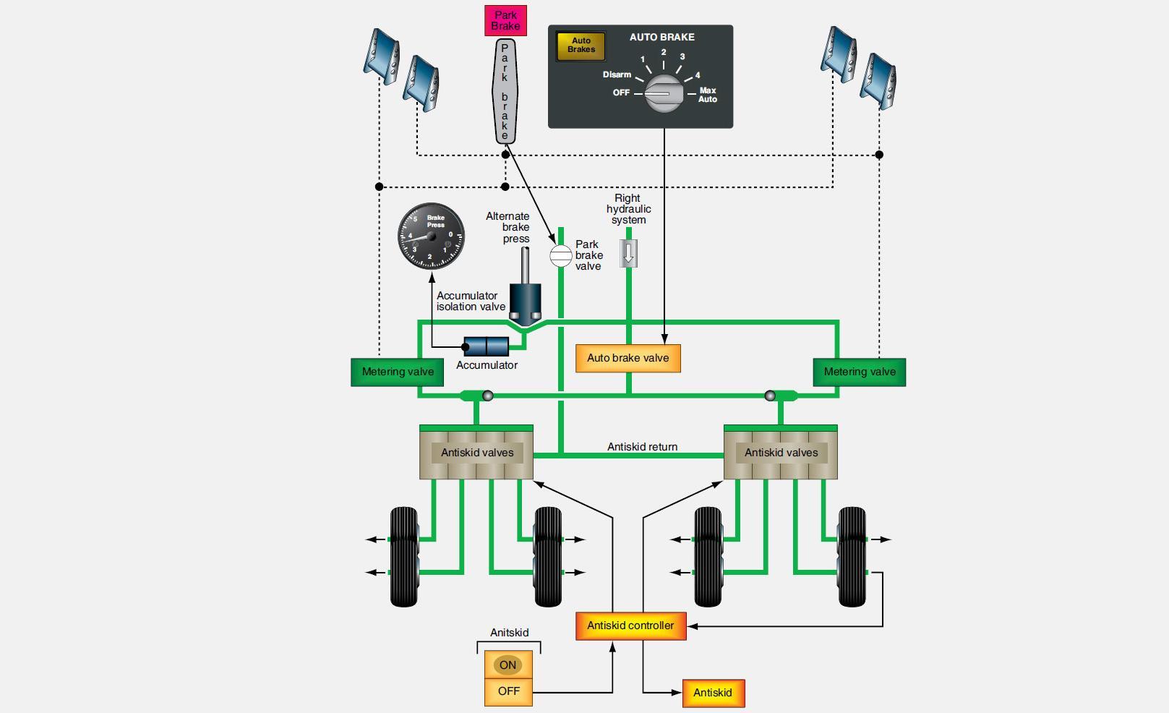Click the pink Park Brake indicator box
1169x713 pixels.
point(505,20)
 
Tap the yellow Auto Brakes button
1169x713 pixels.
point(581,46)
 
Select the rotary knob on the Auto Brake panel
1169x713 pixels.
point(664,93)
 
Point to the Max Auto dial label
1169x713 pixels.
point(707,95)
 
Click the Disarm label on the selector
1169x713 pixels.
point(617,74)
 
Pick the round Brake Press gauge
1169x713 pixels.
point(432,236)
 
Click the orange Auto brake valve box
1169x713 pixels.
point(628,358)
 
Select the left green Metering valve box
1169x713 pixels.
point(398,372)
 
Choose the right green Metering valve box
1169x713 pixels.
point(859,372)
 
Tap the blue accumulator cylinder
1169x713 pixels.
point(486,346)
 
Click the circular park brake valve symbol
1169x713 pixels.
point(560,255)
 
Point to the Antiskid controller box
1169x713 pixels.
point(630,626)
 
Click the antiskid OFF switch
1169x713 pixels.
point(508,691)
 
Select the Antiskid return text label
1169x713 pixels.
point(642,447)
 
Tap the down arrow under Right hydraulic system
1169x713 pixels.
point(628,253)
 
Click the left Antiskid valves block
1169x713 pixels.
point(476,453)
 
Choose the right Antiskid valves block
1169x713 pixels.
point(781,453)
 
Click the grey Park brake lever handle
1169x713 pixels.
point(505,91)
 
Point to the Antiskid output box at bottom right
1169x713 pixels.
point(713,693)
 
